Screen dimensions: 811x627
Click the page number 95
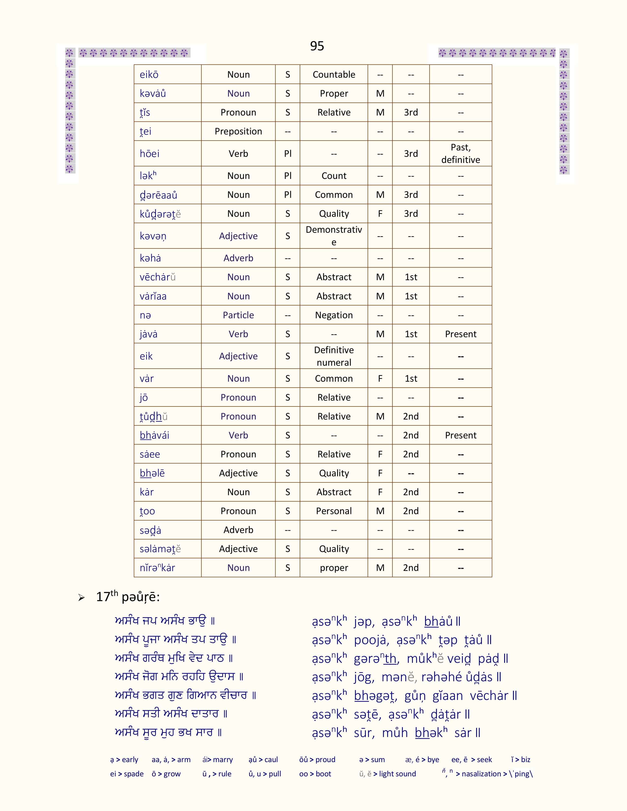[317, 46]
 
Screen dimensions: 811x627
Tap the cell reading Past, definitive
[460, 153]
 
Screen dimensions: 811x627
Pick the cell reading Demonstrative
[334, 236]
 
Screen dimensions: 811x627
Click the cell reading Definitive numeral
[334, 356]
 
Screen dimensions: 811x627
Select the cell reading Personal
[334, 511]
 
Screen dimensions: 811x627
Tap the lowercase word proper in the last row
[334, 568]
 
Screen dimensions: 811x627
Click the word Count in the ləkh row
[334, 176]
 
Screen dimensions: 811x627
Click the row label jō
[144, 398]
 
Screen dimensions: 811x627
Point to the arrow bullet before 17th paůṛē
[81, 597]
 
